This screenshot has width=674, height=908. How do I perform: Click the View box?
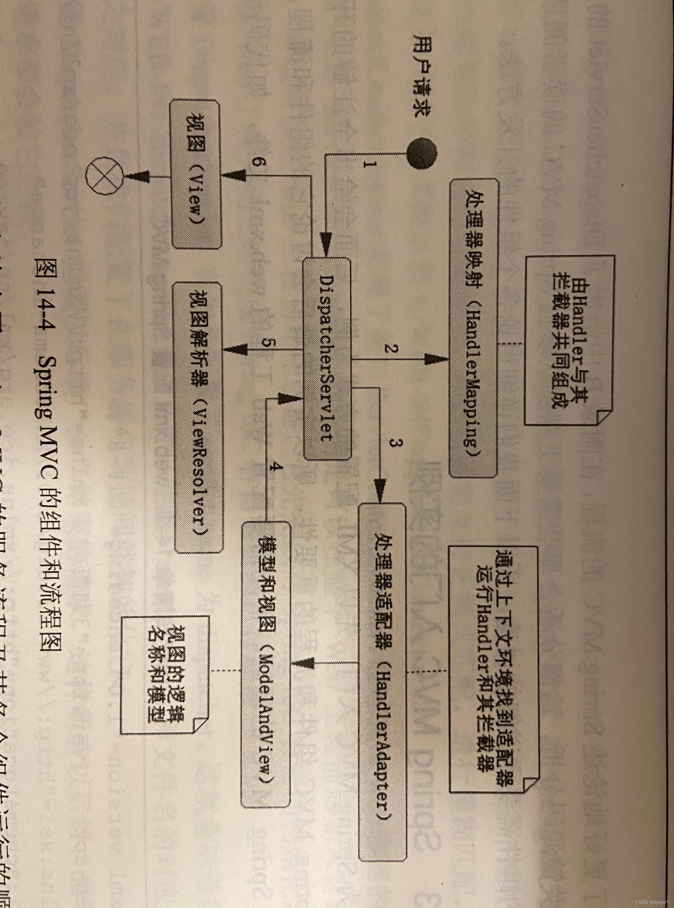click(x=196, y=175)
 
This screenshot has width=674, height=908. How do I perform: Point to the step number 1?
click(x=367, y=165)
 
